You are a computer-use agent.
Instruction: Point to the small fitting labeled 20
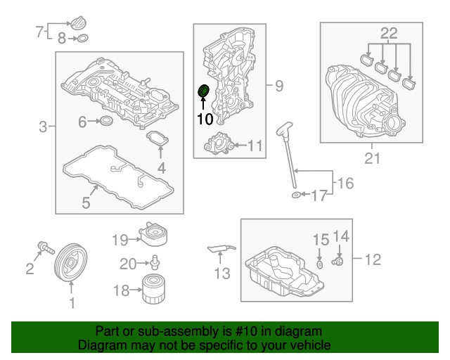pos(153,264)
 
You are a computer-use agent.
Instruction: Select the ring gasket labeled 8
pos(83,39)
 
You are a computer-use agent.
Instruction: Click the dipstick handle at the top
pos(284,129)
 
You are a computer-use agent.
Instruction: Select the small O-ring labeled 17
pos(296,195)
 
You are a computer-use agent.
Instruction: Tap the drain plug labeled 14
pos(337,262)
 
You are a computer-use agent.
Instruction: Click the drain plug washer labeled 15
pos(320,264)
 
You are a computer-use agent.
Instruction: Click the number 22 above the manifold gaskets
pos(389,32)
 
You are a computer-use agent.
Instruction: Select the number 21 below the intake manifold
pos(371,159)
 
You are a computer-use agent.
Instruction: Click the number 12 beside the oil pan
pos(372,260)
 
